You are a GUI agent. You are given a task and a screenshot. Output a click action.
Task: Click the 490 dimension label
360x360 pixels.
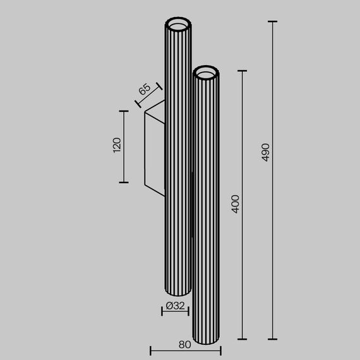[266, 152]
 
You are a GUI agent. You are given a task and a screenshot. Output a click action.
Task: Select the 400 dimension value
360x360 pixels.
[236, 203]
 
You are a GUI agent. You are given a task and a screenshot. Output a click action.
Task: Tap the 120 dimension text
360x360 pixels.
[116, 146]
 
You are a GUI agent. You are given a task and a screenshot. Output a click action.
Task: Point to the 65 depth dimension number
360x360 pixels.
[144, 89]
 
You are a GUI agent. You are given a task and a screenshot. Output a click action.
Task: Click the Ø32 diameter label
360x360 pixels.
[175, 306]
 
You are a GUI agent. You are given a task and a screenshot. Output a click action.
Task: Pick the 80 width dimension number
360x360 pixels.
[184, 345]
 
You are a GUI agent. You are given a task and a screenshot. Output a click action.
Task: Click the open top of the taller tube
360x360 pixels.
[177, 25]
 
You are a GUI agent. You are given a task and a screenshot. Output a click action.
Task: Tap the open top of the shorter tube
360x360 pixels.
[207, 75]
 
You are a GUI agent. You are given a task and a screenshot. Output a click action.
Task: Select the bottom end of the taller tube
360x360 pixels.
[177, 292]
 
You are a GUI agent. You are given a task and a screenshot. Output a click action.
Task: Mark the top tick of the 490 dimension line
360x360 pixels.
[273, 21]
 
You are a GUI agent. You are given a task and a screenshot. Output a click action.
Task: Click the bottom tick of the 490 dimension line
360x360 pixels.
[273, 339]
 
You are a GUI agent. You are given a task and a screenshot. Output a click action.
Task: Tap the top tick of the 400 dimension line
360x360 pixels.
[243, 71]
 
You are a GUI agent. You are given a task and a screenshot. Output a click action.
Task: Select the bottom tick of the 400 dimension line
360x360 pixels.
[243, 339]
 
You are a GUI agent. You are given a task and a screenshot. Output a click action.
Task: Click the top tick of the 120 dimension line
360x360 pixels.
[124, 111]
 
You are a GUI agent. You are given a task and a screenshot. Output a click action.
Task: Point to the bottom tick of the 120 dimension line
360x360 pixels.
[124, 183]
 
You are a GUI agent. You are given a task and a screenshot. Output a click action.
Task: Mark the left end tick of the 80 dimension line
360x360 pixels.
[150, 351]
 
